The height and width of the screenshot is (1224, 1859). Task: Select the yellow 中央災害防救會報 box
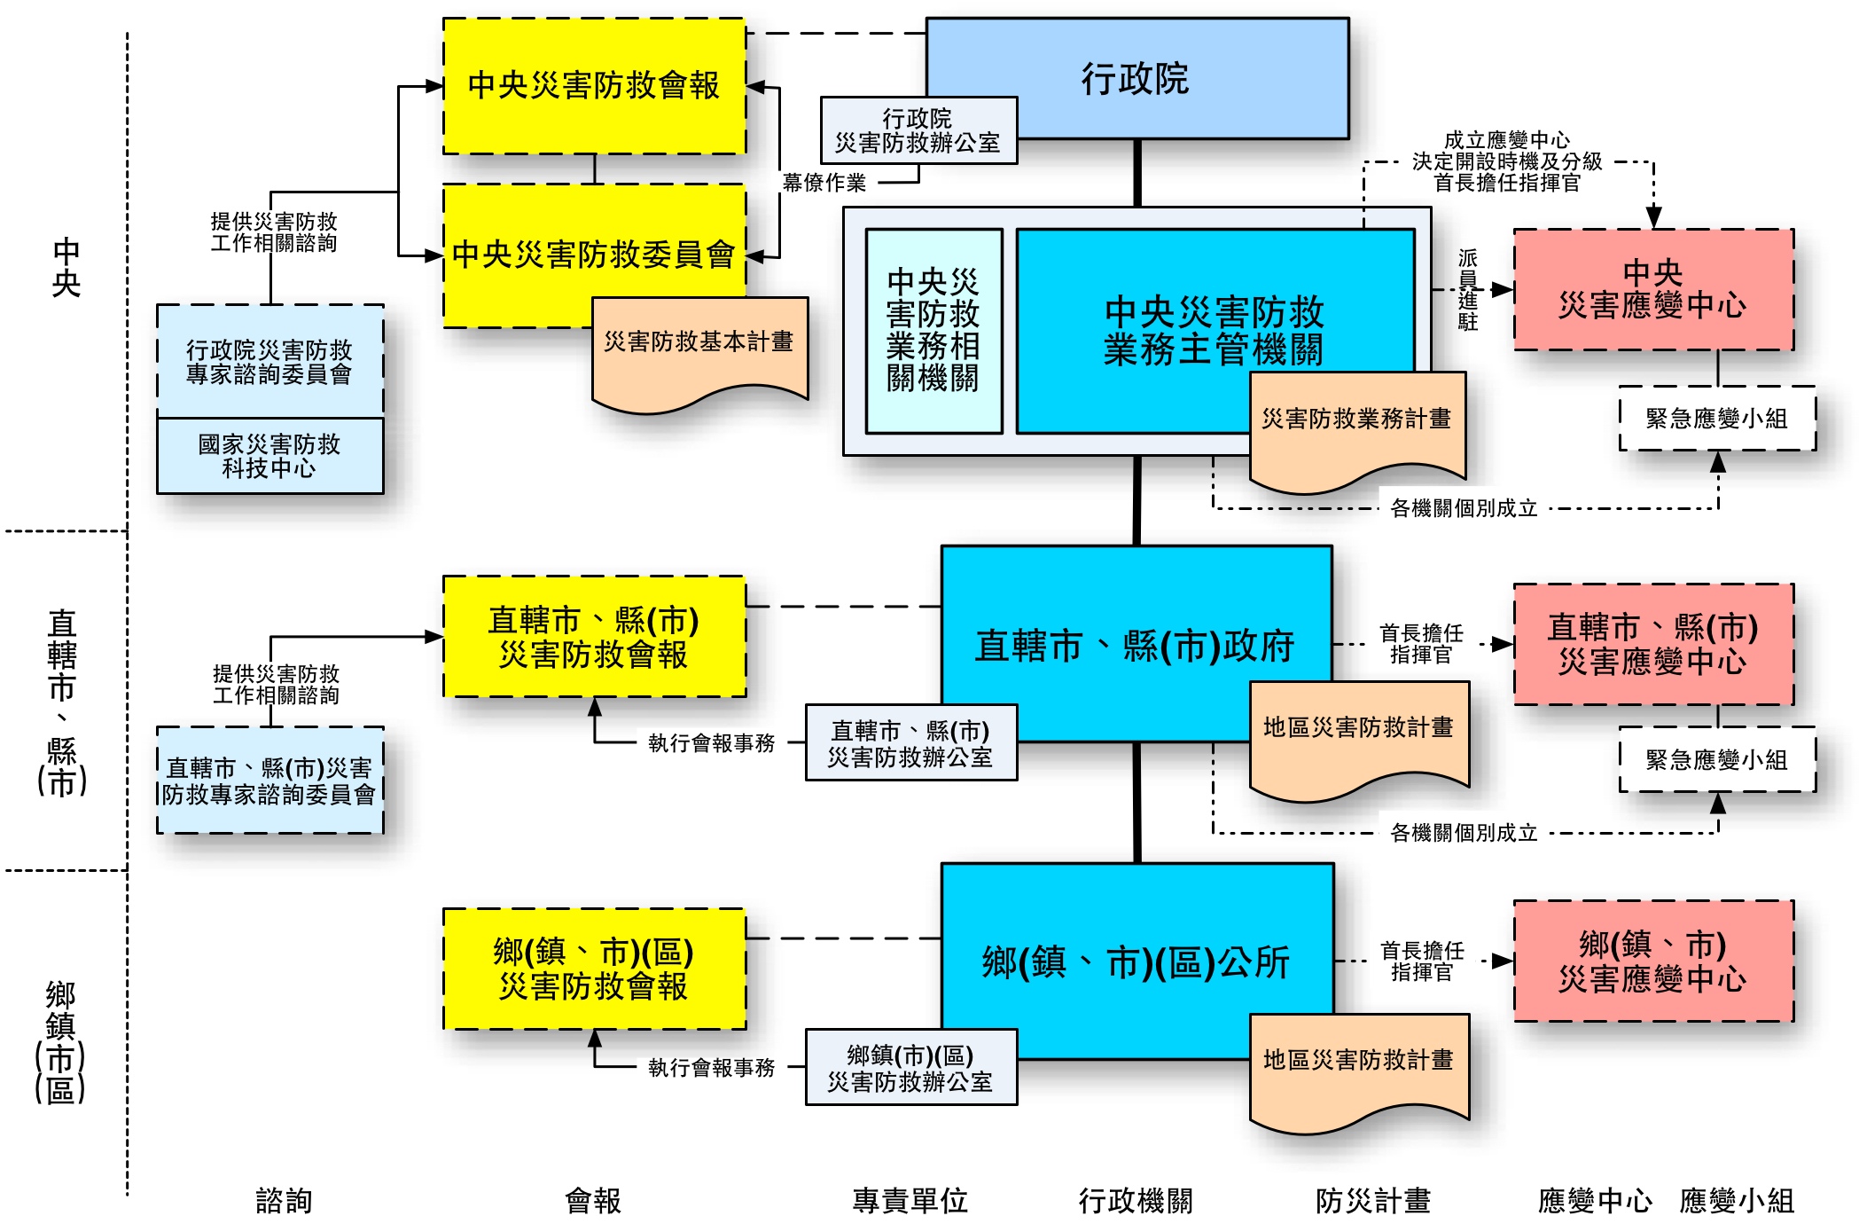[594, 86]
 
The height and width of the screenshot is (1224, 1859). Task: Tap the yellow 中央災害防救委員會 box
[594, 255]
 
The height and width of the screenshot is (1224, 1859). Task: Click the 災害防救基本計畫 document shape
[699, 350]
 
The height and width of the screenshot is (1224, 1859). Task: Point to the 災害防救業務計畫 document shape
[1356, 426]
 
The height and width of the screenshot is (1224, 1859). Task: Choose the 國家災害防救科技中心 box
[269, 456]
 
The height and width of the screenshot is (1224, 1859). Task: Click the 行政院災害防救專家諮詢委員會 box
[269, 362]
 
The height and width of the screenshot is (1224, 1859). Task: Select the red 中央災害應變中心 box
[1653, 290]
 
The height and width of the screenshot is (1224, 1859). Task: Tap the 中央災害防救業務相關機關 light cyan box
[933, 331]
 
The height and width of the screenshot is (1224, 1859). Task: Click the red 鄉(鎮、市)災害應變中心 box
[1653, 961]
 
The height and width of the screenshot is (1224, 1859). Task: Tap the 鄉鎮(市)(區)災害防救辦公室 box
[910, 1068]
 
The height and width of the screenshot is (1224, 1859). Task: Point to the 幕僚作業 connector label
[824, 184]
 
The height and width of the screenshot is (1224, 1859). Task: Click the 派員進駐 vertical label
[1468, 290]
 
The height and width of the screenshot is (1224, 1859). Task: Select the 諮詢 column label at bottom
[284, 1201]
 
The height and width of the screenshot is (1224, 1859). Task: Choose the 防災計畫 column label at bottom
[1373, 1201]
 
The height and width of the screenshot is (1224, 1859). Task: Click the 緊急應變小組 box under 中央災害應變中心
[1717, 419]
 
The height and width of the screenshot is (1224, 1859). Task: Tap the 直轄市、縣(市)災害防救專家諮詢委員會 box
[269, 781]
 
